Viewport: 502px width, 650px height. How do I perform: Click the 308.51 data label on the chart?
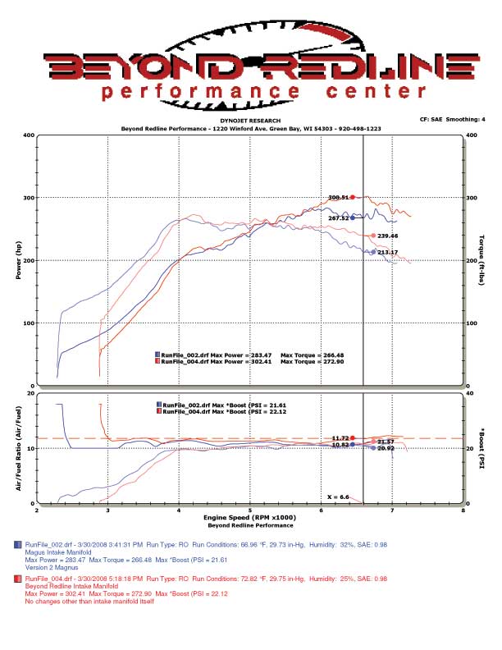338,197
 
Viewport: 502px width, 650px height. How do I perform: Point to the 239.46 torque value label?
387,236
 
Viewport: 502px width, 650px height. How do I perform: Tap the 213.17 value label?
387,252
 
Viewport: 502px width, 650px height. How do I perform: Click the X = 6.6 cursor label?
338,497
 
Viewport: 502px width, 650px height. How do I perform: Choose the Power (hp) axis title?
18,260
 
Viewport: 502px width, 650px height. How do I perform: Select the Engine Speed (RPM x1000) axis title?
250,519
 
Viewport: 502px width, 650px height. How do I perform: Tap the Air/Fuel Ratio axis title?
18,448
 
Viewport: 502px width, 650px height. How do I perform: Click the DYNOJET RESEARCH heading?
250,121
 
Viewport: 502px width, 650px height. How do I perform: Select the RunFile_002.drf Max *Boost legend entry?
226,405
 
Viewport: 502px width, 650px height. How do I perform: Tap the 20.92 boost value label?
385,448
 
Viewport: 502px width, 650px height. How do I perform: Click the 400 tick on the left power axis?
29,135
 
